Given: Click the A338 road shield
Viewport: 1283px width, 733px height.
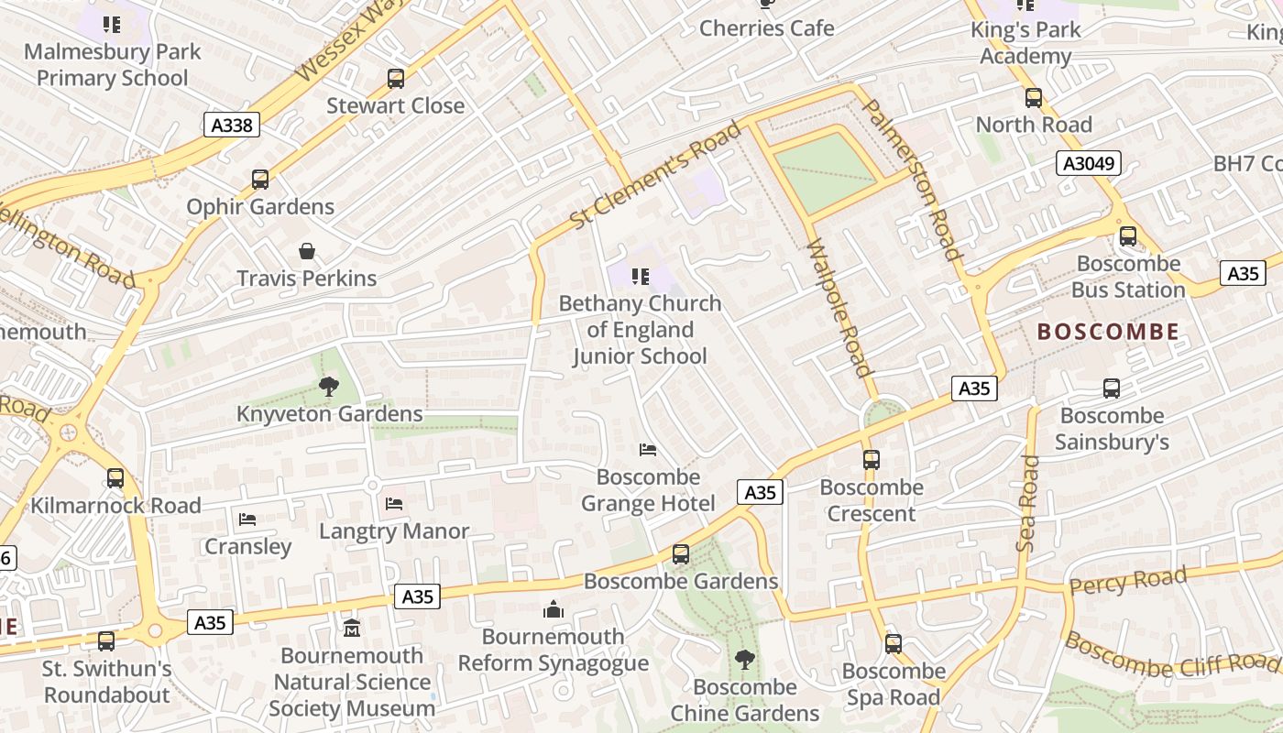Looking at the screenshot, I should pyautogui.click(x=231, y=125).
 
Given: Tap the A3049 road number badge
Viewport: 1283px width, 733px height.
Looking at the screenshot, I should pyautogui.click(x=1089, y=164).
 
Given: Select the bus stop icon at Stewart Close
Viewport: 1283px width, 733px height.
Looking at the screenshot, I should pyautogui.click(x=396, y=79).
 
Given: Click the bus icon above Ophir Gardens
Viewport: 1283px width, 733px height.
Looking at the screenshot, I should pyautogui.click(x=260, y=180).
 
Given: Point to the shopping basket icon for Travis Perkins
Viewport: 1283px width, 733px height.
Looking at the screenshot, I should pyautogui.click(x=307, y=251).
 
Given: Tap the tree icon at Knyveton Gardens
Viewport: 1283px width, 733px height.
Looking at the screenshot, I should pyautogui.click(x=329, y=387).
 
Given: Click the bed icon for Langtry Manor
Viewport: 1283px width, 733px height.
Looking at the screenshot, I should pyautogui.click(x=394, y=504).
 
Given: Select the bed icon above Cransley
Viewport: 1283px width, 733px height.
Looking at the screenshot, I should pyautogui.click(x=247, y=520).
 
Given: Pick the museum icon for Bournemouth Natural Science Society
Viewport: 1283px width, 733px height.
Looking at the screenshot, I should pyautogui.click(x=352, y=629).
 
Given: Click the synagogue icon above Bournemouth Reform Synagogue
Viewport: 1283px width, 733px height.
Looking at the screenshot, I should pyautogui.click(x=554, y=609).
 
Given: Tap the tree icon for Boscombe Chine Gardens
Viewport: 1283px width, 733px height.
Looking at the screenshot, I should pyautogui.click(x=745, y=659).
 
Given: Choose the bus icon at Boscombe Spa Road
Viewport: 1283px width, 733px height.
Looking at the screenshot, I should pyautogui.click(x=894, y=644).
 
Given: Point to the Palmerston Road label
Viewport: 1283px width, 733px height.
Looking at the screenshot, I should pyautogui.click(x=913, y=180).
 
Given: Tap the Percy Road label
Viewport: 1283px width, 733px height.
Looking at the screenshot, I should pyautogui.click(x=1128, y=581).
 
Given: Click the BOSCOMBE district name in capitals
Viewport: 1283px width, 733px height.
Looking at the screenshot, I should pyautogui.click(x=1108, y=332).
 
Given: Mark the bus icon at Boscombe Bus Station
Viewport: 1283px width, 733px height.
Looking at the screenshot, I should pyautogui.click(x=1128, y=236).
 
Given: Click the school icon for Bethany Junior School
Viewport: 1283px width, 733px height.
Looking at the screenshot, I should pyautogui.click(x=641, y=276).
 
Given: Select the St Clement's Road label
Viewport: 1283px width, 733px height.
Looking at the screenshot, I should pyautogui.click(x=655, y=175).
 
